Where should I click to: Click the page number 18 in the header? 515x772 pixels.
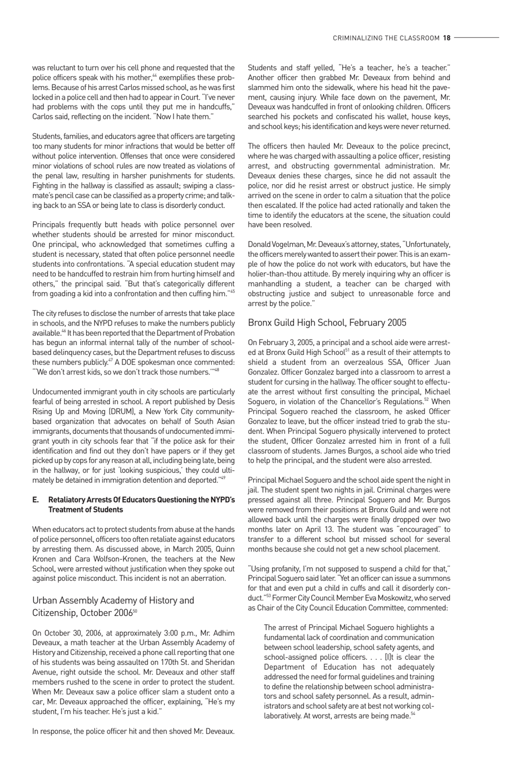(x=447, y=38)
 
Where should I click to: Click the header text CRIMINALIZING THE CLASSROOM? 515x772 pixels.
(x=386, y=38)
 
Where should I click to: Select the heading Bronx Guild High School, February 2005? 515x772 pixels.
(x=327, y=322)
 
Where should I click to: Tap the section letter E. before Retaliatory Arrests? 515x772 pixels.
(x=35, y=499)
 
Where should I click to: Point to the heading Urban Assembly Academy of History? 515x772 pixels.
(x=113, y=600)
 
